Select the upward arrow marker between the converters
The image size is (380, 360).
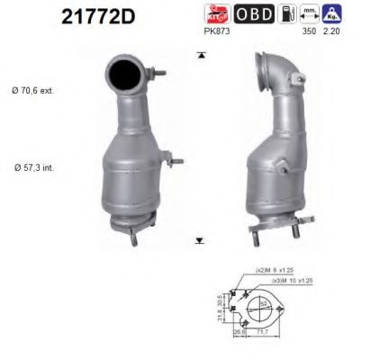pos(199,55)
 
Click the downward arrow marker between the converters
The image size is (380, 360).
pos(199,241)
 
